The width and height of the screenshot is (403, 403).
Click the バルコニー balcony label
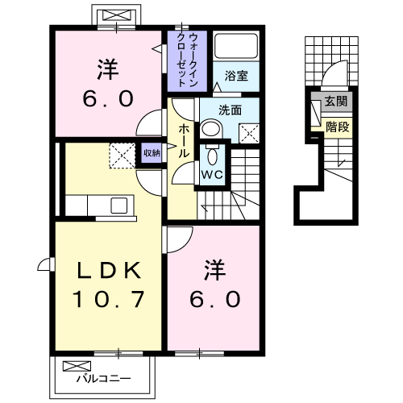coord(102,376)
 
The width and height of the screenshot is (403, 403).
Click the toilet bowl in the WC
coord(214,156)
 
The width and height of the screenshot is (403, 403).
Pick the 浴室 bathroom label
coord(236,75)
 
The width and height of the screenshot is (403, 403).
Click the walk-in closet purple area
coord(186,59)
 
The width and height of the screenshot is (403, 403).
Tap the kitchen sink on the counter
coord(118,205)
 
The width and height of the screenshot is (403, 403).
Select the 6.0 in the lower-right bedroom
coord(214,300)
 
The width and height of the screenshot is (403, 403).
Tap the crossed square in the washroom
coord(249,133)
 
